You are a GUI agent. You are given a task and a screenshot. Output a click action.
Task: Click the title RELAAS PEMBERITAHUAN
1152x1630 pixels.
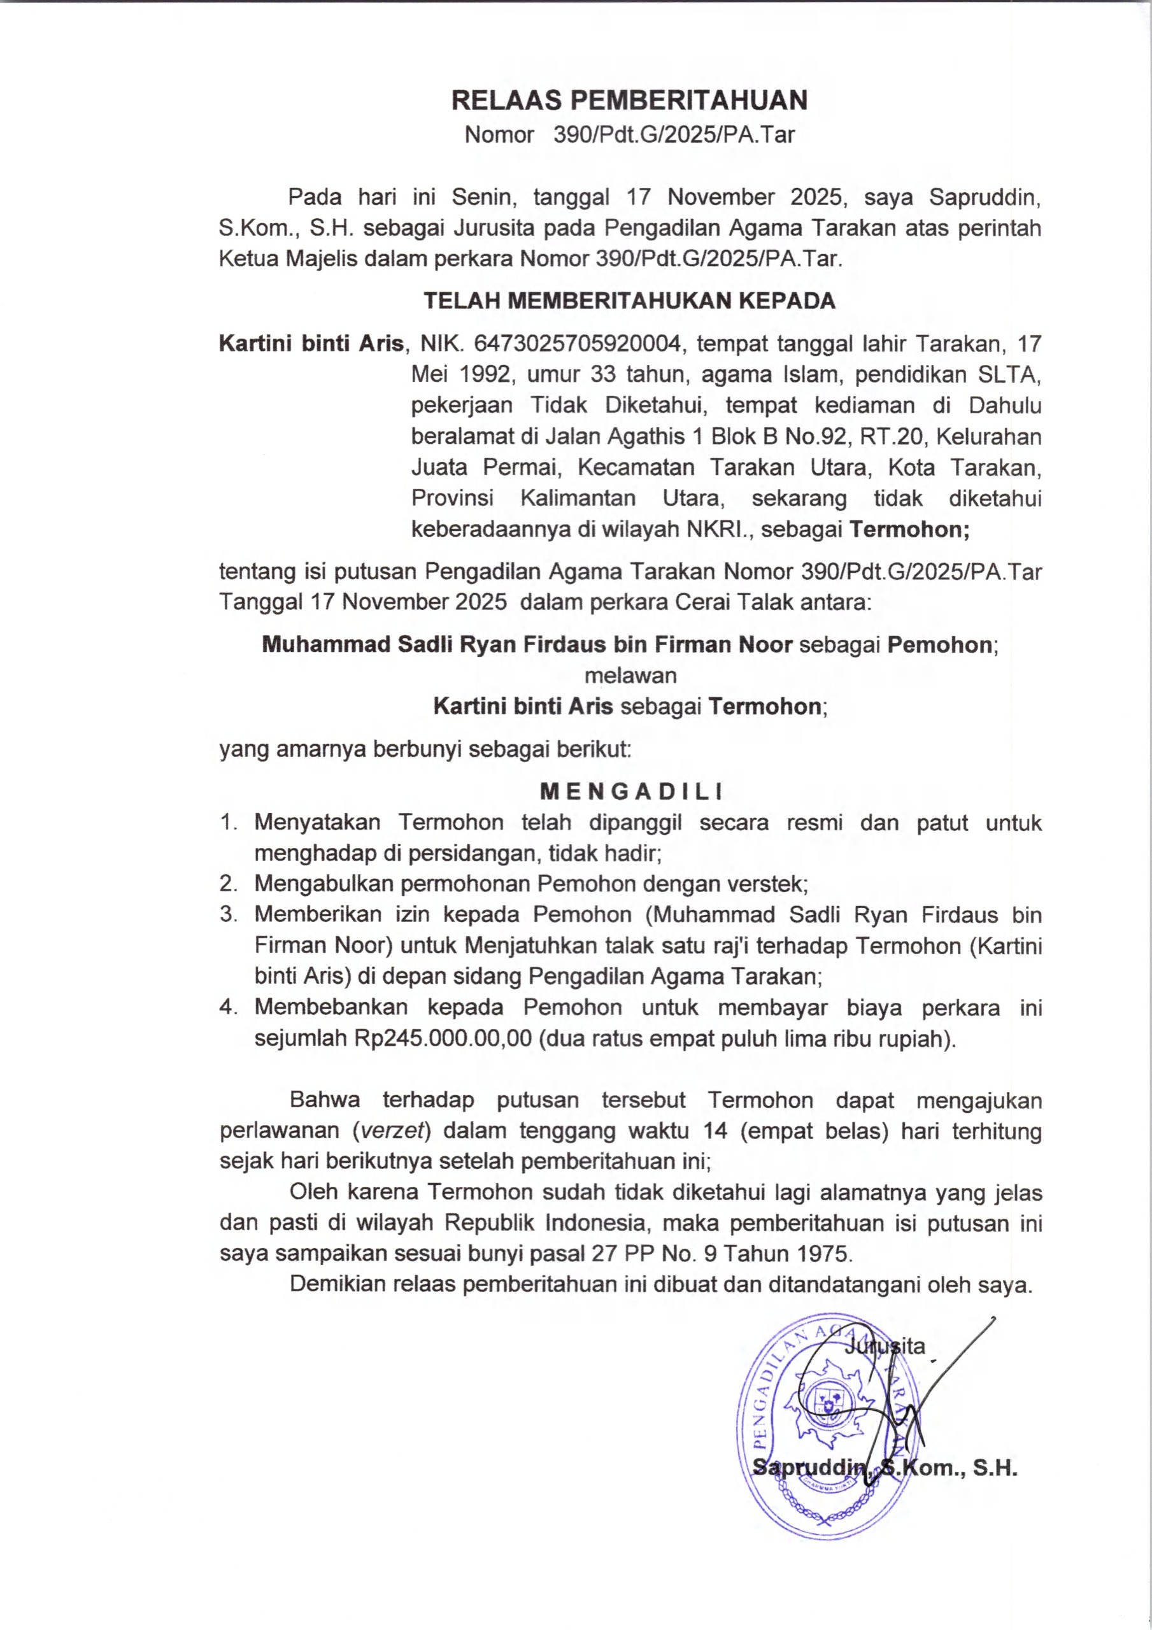click(629, 101)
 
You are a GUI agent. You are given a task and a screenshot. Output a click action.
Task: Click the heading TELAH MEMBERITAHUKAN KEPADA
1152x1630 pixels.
click(629, 301)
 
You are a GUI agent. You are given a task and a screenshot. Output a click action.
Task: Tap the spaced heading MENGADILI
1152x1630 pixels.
click(631, 791)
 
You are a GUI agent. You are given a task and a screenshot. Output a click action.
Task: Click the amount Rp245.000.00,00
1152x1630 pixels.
click(443, 1038)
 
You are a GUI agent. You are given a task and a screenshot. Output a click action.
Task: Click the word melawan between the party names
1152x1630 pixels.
click(630, 675)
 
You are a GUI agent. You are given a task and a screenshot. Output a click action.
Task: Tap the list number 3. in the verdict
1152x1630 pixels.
click(228, 914)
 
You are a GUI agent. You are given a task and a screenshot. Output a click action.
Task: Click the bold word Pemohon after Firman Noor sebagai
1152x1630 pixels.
click(940, 644)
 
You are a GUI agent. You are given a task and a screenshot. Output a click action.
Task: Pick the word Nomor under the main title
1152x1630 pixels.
click(499, 135)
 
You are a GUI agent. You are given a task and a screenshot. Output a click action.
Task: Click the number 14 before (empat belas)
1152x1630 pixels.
click(715, 1131)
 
